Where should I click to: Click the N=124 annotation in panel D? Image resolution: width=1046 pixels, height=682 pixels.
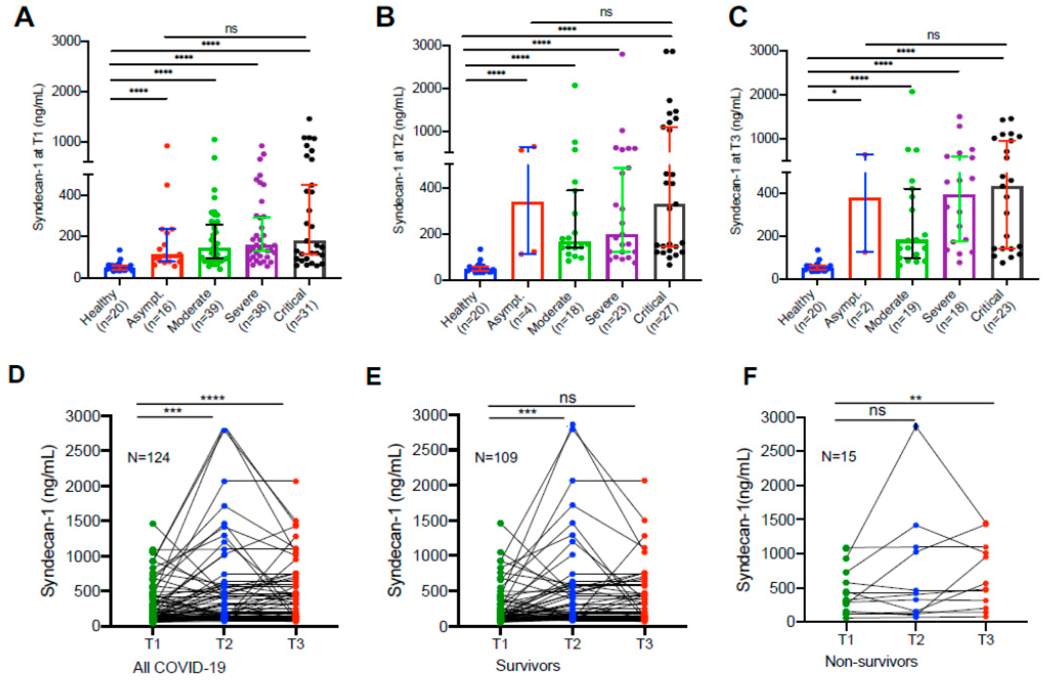(x=149, y=458)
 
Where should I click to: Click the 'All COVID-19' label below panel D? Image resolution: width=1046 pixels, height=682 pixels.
(x=179, y=667)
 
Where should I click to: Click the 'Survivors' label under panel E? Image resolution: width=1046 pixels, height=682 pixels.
(x=528, y=666)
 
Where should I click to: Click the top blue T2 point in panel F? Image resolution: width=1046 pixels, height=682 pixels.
(x=916, y=426)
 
